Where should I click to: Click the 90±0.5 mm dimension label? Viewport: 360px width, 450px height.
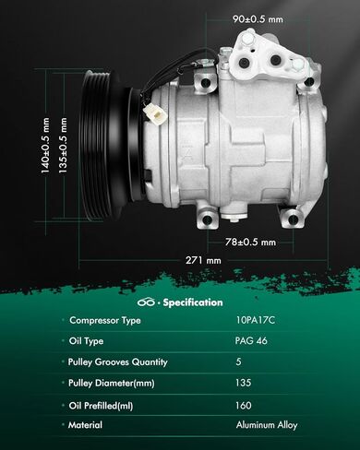(258, 19)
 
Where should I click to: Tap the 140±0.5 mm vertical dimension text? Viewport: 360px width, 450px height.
(45, 146)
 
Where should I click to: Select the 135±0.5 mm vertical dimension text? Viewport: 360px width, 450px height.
(63, 146)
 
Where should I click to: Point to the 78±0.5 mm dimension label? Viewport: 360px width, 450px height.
(250, 242)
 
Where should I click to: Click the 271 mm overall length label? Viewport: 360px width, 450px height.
(203, 260)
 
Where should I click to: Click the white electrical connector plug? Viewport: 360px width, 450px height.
(155, 112)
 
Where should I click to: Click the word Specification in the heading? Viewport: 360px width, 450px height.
(193, 302)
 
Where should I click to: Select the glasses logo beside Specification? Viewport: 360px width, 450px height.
(146, 302)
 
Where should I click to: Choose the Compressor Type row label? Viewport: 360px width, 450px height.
(105, 320)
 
